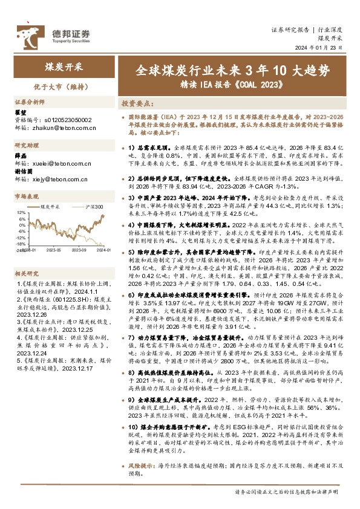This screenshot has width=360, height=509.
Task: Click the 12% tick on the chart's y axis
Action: (x=21, y=213)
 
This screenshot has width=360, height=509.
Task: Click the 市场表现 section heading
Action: (x=27, y=197)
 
